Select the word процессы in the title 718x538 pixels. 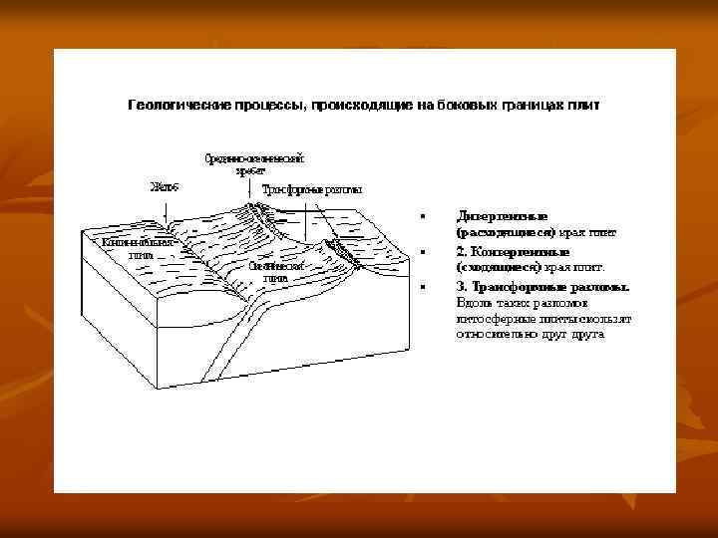coord(261,103)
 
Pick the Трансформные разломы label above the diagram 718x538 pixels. coord(311,189)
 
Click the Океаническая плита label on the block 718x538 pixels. coord(273,272)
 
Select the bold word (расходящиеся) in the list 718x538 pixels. coord(505,232)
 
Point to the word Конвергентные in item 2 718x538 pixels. coord(520,251)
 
